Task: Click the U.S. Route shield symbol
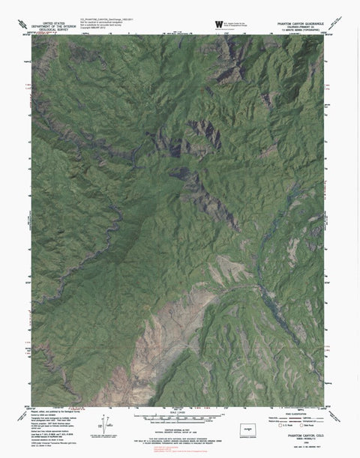(280, 425)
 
